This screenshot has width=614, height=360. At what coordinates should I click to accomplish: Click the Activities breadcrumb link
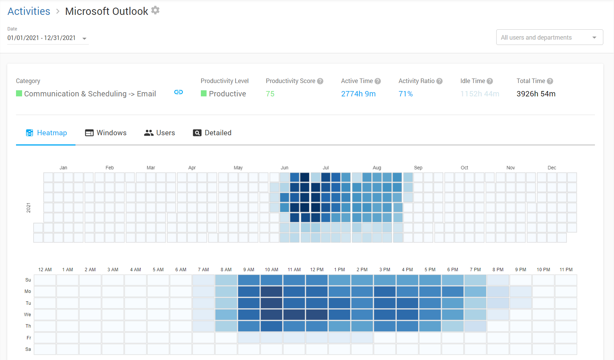pos(29,11)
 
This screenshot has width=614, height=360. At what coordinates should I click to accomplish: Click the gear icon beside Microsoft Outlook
pos(155,10)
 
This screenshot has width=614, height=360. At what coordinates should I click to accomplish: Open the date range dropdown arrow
pos(85,38)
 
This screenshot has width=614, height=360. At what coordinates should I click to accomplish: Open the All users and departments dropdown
pos(549,37)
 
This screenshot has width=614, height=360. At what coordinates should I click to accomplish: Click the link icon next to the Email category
pos(178,92)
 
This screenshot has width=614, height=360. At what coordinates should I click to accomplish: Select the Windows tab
pos(106,133)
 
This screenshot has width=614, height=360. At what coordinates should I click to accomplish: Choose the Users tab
pos(159,133)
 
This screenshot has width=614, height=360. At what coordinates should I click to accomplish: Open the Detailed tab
pos(212,133)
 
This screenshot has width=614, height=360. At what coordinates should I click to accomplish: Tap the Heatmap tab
pos(46,133)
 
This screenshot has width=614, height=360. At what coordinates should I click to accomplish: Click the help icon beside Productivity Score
pos(320,81)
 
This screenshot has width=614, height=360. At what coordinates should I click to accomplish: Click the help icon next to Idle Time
pos(490,81)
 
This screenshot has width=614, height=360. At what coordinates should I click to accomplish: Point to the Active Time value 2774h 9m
pos(358,94)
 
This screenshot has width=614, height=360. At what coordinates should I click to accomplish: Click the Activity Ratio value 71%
pos(406,94)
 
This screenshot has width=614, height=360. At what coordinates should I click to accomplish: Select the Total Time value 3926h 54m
pos(536,94)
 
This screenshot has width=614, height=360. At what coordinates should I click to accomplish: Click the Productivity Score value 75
pos(270,94)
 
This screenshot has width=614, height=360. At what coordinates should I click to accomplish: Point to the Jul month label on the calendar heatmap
pos(325,168)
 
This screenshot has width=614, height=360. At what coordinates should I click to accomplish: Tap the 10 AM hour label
pos(271,270)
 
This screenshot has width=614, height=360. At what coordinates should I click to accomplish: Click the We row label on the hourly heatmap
pos(27,315)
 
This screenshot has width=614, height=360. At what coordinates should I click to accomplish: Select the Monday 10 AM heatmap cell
pos(271,291)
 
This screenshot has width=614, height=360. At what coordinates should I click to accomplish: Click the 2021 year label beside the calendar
pos(29,208)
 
